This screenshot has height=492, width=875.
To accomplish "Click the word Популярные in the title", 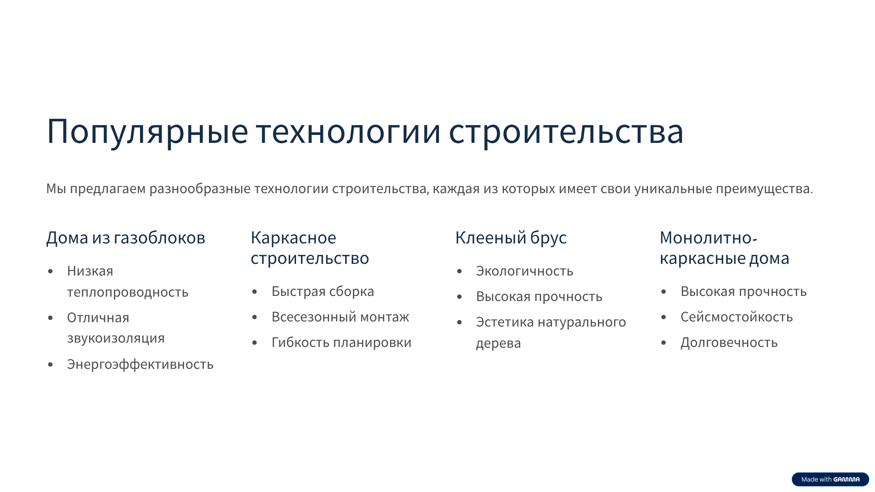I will (147, 132).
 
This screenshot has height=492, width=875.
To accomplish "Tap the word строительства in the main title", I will (566, 132).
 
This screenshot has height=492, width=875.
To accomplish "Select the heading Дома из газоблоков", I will (126, 238).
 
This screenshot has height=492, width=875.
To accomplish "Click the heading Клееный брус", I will (511, 238).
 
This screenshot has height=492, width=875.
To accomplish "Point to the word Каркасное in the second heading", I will (293, 238).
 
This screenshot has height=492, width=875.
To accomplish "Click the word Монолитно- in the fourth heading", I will (708, 238).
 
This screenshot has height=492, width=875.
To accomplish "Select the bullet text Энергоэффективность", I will (140, 364).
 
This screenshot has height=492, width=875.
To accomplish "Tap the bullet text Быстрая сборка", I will (323, 292).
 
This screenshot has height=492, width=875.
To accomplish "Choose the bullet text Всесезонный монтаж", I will (340, 317).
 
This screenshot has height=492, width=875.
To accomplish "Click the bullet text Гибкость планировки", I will (341, 343).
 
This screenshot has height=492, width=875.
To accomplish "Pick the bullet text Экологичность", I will (524, 271).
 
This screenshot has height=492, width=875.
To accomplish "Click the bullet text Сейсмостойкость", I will (736, 317).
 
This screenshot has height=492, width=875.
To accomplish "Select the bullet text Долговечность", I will (729, 343).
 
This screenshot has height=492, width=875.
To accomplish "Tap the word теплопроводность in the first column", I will (128, 292).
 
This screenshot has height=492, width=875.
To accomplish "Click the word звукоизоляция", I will (116, 338).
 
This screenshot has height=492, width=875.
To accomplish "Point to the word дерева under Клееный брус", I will (498, 343).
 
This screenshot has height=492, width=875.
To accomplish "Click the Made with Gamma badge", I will (830, 479).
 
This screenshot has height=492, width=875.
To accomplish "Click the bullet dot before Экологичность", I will (459, 271).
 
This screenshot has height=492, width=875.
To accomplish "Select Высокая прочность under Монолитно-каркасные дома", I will (743, 292).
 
